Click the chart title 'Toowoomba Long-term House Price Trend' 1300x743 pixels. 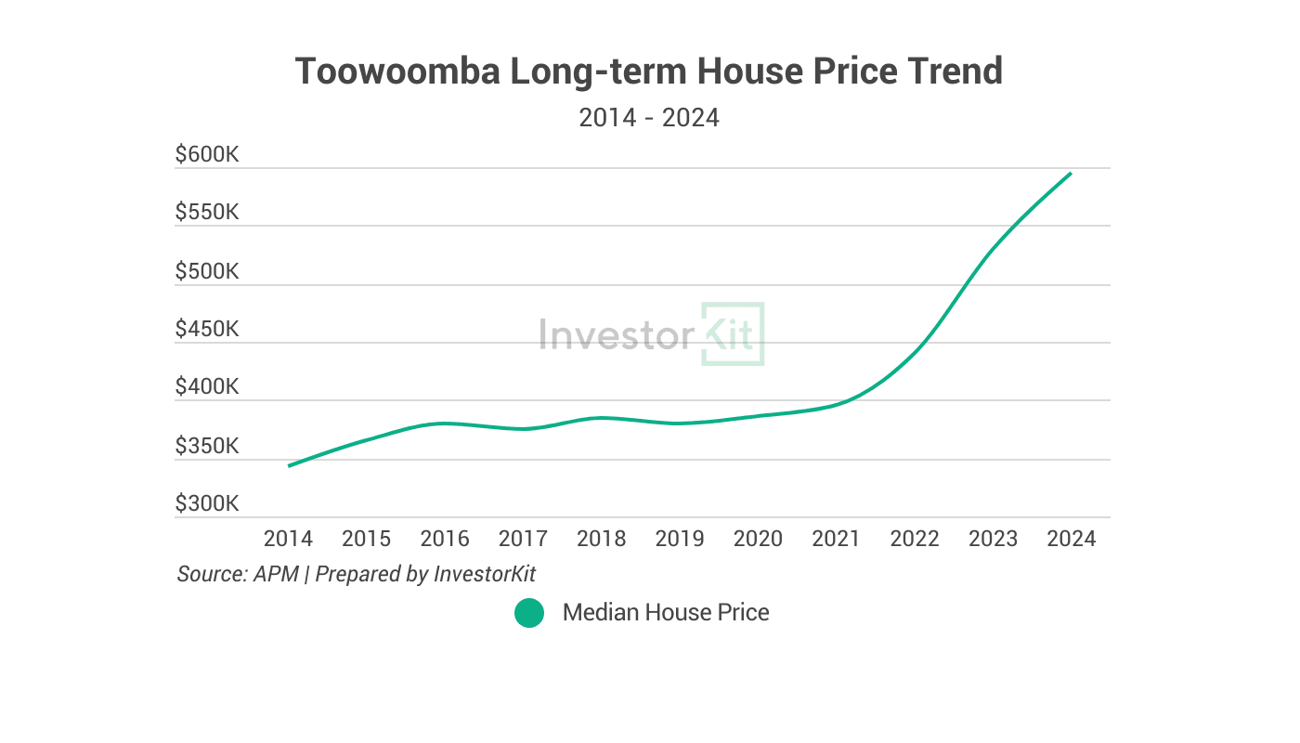648,72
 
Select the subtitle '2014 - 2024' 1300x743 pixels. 648,118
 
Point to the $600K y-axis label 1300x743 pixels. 207,154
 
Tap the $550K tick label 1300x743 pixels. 207,213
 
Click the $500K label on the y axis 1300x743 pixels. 207,271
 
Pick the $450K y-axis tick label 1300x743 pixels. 207,329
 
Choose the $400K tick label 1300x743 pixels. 207,387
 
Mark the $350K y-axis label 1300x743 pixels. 207,446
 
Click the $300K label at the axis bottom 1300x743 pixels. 207,504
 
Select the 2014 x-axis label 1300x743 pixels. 289,539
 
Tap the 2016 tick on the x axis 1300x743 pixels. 445,539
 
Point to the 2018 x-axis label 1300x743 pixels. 602,539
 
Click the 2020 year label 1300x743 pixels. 758,539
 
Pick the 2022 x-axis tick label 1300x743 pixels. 915,539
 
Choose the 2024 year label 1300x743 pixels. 1071,539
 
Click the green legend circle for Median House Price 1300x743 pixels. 529,613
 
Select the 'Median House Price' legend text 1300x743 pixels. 666,613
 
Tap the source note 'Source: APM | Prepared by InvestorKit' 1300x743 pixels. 357,574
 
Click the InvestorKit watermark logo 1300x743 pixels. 651,334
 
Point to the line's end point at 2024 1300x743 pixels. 1071,173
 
